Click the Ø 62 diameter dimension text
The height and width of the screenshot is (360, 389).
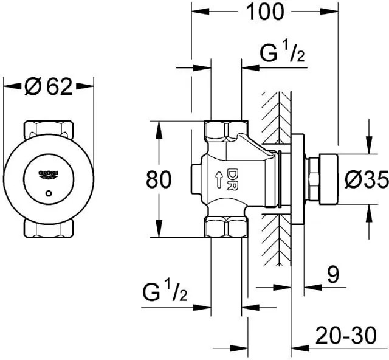tap(49, 87)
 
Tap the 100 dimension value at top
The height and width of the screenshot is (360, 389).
tap(265, 12)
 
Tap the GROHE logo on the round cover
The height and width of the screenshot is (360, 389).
tap(50, 174)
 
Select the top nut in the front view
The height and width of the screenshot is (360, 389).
tap(49, 130)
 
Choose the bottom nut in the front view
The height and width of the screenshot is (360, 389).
tap(49, 229)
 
